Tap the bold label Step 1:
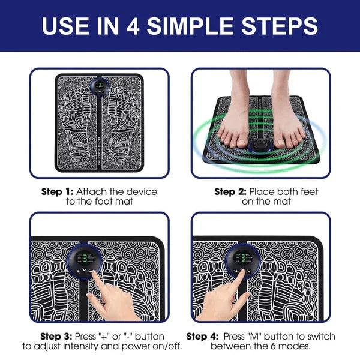pos(56,191)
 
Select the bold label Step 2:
pos(230,191)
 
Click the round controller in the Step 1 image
pos(100,87)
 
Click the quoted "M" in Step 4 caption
pos(258,336)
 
